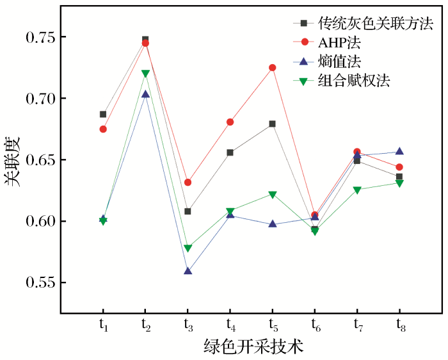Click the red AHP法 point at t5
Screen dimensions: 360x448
click(273, 67)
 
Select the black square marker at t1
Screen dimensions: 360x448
click(103, 114)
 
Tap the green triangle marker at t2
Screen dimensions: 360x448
click(145, 74)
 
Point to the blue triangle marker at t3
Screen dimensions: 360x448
click(188, 271)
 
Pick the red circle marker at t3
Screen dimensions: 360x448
click(188, 183)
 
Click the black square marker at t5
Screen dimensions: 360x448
click(273, 124)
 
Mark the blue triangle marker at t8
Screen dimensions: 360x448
click(399, 151)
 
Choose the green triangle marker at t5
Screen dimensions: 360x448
click(273, 195)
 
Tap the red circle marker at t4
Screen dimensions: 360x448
click(230, 122)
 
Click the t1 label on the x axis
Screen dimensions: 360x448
click(104, 325)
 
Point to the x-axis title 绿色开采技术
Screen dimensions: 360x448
click(252, 347)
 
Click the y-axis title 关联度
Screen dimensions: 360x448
click(13, 160)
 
